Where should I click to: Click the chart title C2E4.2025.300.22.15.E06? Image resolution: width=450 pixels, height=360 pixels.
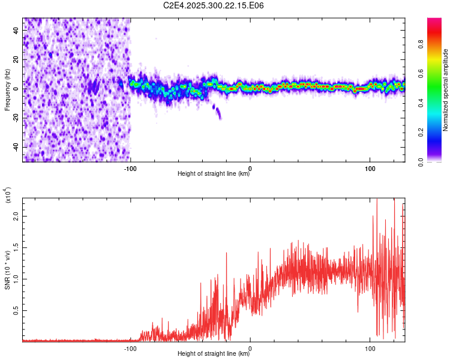[x=214, y=5]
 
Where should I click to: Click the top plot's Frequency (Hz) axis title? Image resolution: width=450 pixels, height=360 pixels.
[x=7, y=90]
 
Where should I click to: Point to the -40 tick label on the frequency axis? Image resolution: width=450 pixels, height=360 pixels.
[x=15, y=147]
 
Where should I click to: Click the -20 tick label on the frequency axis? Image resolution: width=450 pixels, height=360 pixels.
[x=15, y=118]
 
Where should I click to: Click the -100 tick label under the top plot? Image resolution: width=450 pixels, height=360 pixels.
[x=130, y=168]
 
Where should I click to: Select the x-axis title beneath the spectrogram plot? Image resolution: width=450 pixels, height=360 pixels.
[x=214, y=174]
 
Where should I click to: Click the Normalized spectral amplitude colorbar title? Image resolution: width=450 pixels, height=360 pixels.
[x=446, y=90]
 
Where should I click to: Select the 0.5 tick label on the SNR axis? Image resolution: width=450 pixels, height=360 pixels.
[x=16, y=310]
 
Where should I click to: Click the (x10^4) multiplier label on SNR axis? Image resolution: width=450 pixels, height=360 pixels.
[x=7, y=196]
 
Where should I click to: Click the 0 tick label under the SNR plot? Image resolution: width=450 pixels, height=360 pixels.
[x=250, y=347]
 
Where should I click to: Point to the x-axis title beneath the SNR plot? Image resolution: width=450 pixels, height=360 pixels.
[x=214, y=354]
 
